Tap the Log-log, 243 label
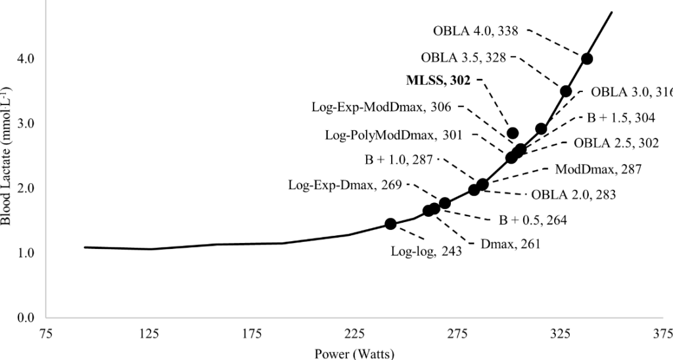pos(426,250)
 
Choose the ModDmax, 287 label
pos(598,169)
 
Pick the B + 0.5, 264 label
pos(533,219)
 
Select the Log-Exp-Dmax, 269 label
pos(345,185)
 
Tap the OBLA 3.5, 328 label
pos(463,57)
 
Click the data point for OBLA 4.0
pos(587,58)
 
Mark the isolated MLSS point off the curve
pos(513,133)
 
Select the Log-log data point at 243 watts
pos(390,224)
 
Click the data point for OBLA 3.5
pos(566,91)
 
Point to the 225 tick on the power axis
pos(356,333)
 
